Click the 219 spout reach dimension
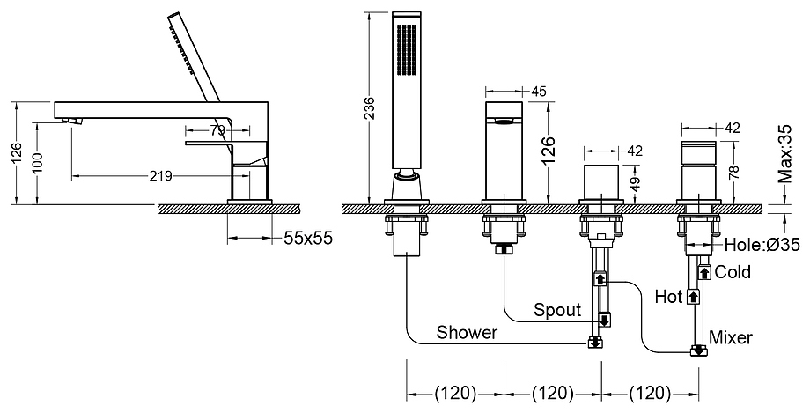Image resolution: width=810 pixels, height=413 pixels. pos(160,176)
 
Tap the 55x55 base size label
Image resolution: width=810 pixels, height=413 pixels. pos(308,238)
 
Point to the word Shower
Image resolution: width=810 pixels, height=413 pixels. pos(467,332)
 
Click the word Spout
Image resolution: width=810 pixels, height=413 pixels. pos(557,310)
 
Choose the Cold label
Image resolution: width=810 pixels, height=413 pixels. pos(733,272)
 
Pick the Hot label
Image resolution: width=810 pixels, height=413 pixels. pos(669,297)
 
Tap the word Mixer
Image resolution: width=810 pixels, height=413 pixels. pos(731,337)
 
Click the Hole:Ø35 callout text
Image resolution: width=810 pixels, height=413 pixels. pos(762,245)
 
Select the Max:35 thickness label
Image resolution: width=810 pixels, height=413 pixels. pos(785,154)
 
